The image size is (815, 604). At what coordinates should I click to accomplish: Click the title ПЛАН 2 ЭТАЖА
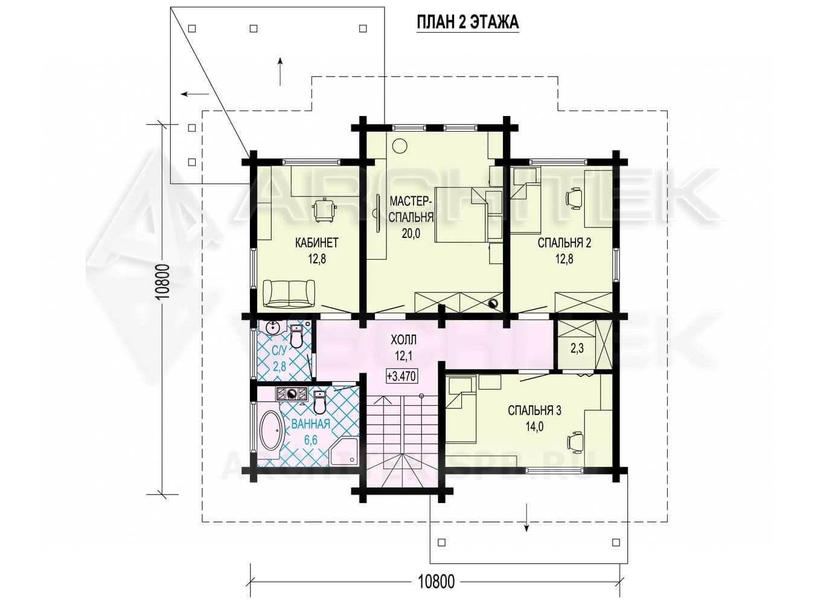(467, 22)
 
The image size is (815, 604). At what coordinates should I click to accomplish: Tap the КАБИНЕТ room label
(317, 243)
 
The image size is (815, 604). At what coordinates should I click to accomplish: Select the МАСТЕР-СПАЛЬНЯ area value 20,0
(411, 233)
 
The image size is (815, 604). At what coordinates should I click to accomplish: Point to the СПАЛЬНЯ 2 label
(564, 243)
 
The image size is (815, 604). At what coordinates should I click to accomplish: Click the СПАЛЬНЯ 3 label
(535, 410)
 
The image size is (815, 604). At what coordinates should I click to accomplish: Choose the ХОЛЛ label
(403, 340)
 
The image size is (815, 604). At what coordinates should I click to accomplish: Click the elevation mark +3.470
(401, 376)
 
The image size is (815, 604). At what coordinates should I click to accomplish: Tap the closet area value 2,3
(577, 349)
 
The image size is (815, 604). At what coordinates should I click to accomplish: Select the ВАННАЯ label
(310, 424)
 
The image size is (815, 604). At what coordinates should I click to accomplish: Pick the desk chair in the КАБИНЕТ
(324, 210)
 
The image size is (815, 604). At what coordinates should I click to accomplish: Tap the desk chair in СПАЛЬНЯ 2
(574, 198)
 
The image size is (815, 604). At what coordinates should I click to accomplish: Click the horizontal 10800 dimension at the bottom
(436, 581)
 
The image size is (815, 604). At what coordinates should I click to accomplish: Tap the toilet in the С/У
(296, 336)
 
